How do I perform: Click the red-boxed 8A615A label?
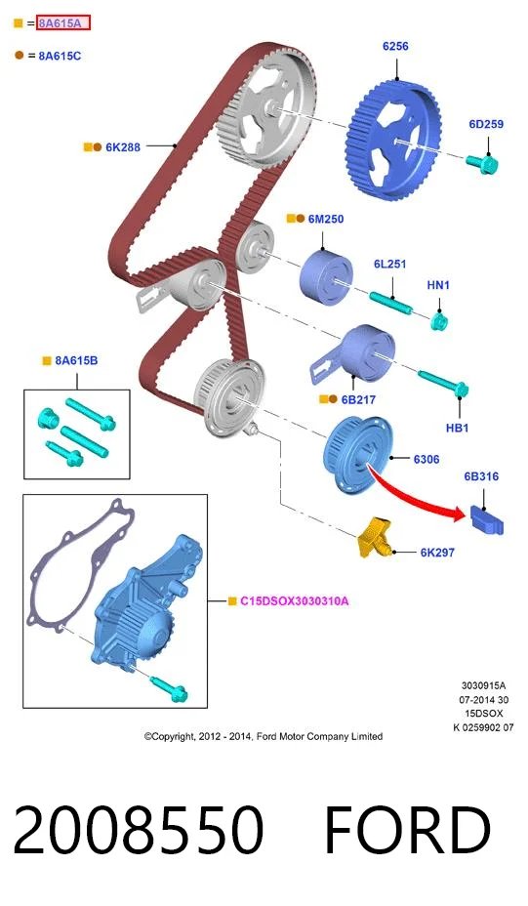pyautogui.click(x=63, y=23)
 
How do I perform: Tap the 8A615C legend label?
pyautogui.click(x=60, y=56)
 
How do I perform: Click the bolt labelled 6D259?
pyautogui.click(x=483, y=163)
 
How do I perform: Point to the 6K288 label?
pyautogui.click(x=123, y=147)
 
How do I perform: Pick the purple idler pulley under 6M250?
pyautogui.click(x=326, y=276)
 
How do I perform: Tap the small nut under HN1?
pyautogui.click(x=439, y=320)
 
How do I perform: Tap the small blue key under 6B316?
pyautogui.click(x=486, y=519)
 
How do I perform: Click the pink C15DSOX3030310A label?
pyautogui.click(x=295, y=601)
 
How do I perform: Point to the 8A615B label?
pyautogui.click(x=76, y=360)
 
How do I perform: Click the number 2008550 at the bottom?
pyautogui.click(x=138, y=830)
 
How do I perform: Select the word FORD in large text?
pyautogui.click(x=407, y=830)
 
